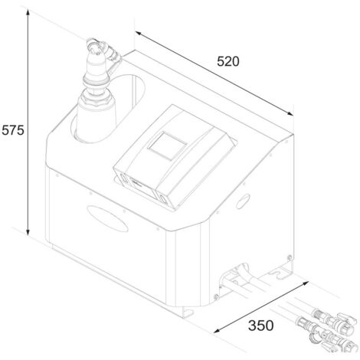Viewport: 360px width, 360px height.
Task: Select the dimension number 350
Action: point(260,326)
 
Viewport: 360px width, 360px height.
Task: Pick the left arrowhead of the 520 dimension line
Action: point(139,33)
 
